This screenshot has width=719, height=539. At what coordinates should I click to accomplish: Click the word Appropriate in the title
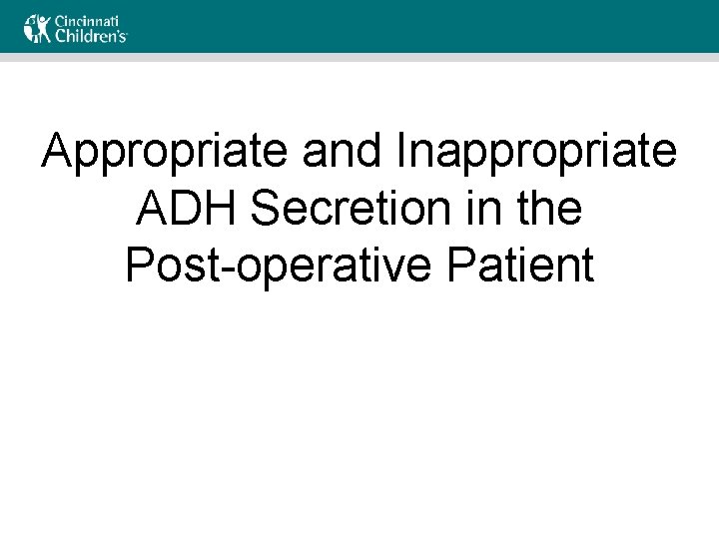pyautogui.click(x=165, y=153)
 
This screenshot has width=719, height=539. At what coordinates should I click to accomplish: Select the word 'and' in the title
pyautogui.click(x=343, y=153)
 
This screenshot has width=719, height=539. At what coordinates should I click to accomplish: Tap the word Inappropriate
pyautogui.click(x=537, y=153)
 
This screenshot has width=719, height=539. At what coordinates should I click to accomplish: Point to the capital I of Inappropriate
pyautogui.click(x=402, y=153)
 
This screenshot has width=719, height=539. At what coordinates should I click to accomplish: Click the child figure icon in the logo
pyautogui.click(x=37, y=28)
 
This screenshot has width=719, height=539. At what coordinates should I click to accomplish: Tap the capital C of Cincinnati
pyautogui.click(x=59, y=19)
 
